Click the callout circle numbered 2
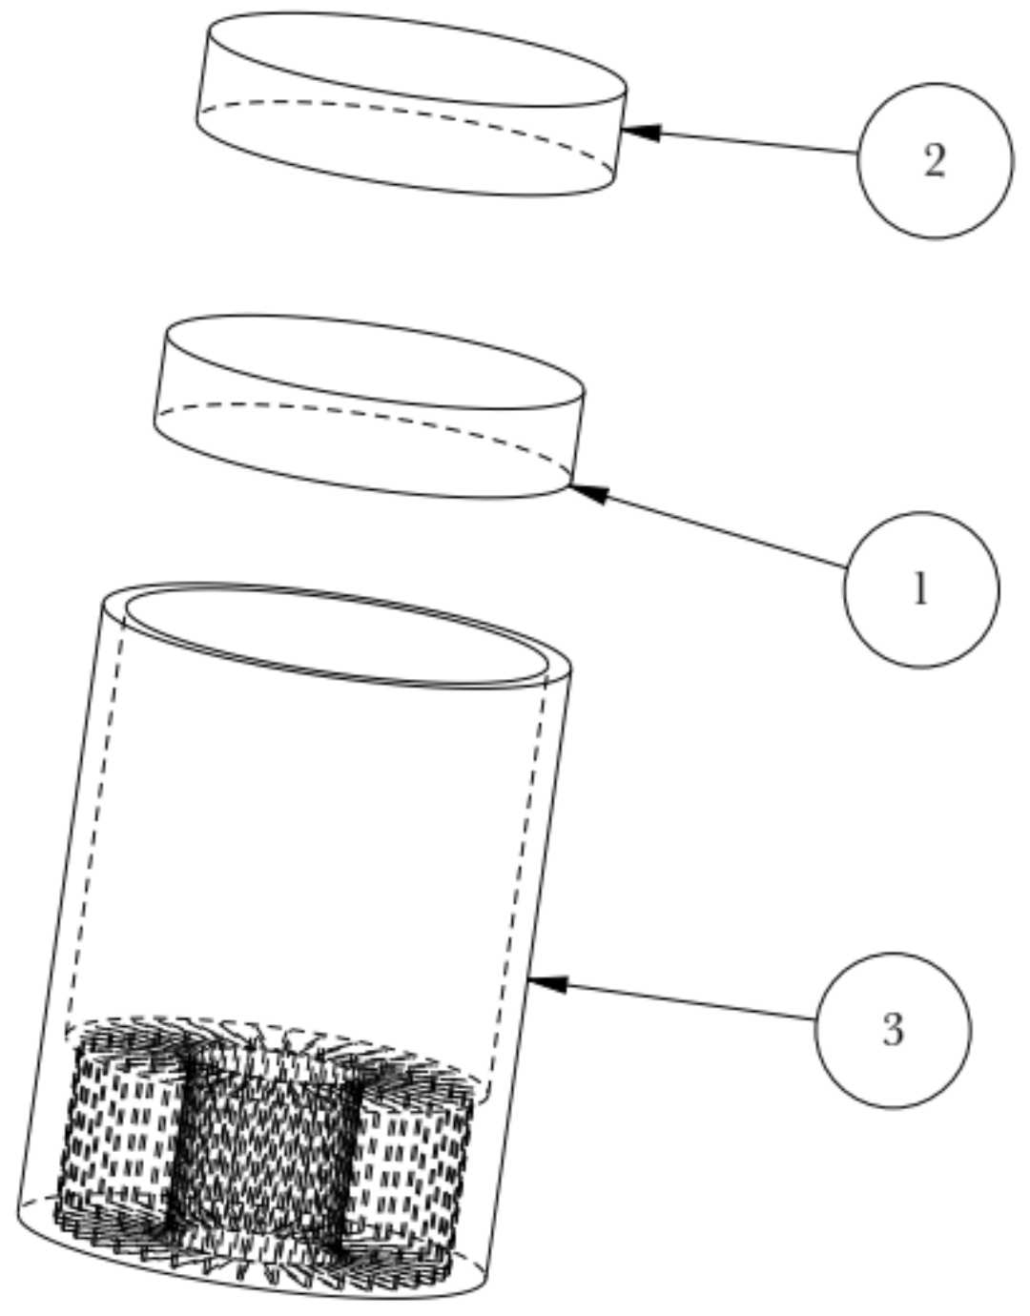coord(935,160)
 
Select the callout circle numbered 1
coord(921,589)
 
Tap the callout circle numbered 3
coord(893,1030)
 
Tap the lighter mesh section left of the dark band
coord(119,1135)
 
